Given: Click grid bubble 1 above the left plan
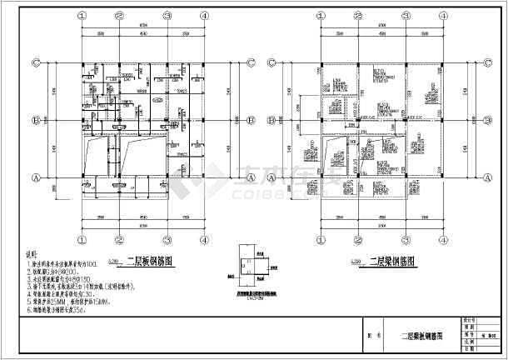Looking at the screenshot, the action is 82,15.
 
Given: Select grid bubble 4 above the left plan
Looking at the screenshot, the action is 204,15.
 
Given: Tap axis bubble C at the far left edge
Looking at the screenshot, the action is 36,62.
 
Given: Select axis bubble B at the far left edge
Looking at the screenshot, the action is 36,120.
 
